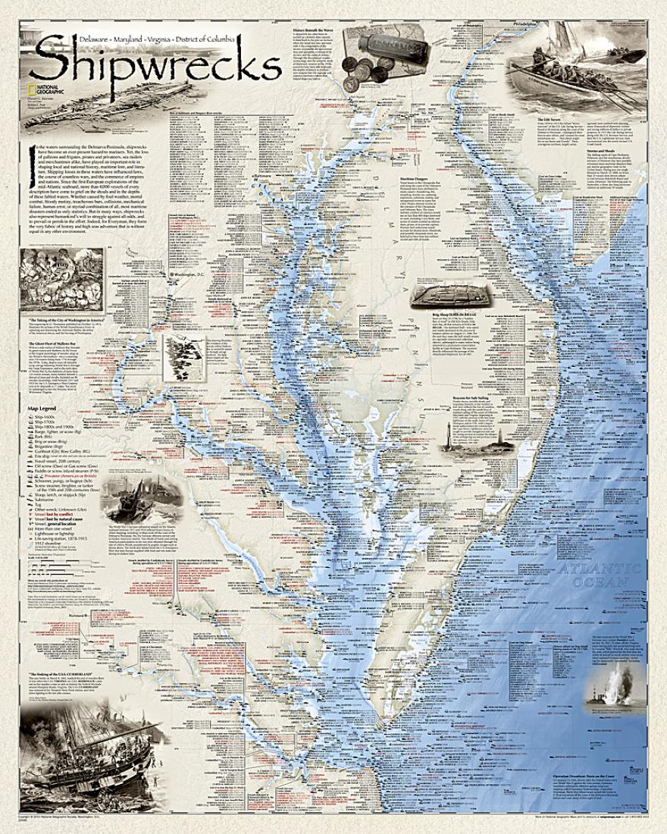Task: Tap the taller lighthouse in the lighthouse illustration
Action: coord(458,435)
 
